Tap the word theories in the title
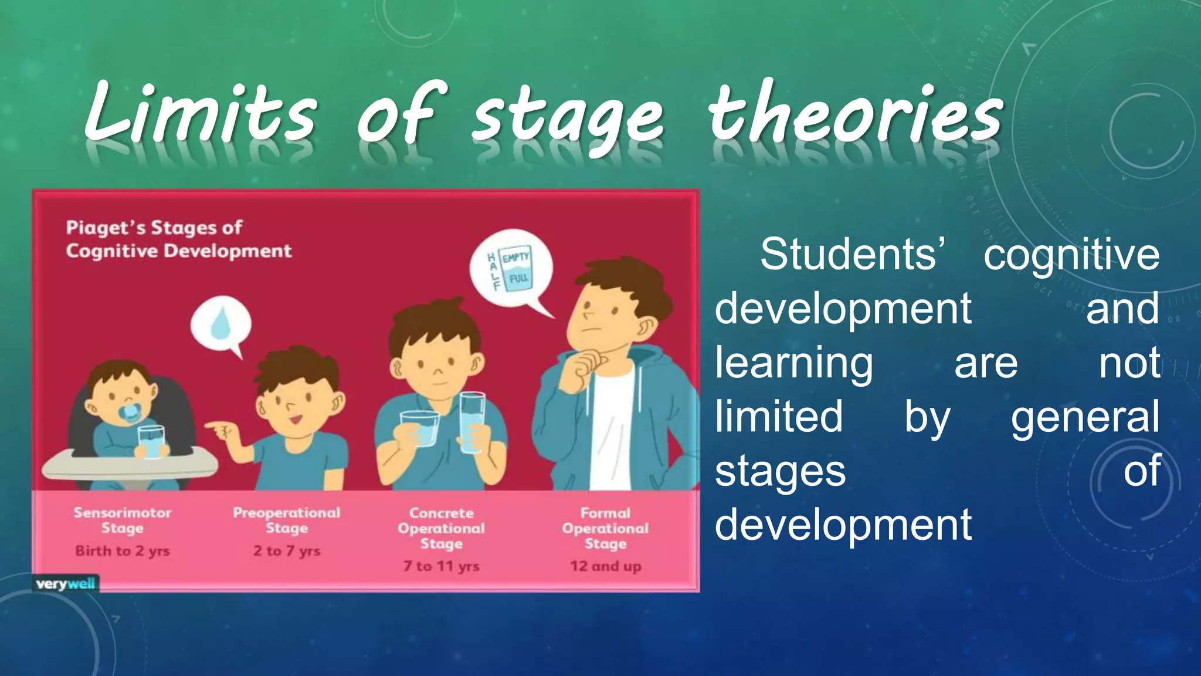[856, 114]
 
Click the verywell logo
[65, 584]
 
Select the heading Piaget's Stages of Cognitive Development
[178, 239]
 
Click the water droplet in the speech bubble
[221, 323]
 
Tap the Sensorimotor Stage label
[123, 520]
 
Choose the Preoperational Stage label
[287, 520]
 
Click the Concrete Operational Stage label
[442, 528]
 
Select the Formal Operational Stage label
[605, 528]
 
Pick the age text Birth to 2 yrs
[123, 551]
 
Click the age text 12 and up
[605, 566]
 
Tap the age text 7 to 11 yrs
[442, 566]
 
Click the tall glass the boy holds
[472, 422]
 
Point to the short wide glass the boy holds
[420, 428]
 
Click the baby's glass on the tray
[151, 441]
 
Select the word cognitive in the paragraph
[1071, 255]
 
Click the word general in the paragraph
[1085, 417]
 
